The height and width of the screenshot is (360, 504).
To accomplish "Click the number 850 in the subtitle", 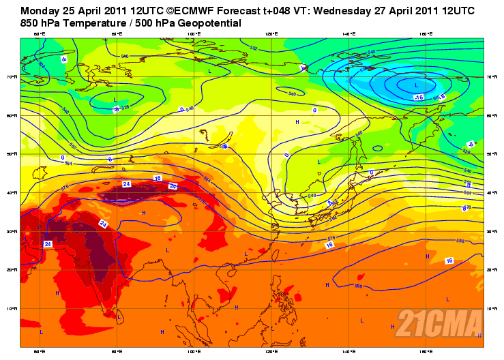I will coord(31,23).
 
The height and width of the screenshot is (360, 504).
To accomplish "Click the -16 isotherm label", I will coord(419,97).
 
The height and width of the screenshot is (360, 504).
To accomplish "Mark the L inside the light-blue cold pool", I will coord(416,86).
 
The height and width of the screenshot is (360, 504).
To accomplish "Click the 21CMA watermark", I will coord(439,322).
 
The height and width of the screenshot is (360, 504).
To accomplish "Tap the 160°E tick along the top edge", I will coord(426,33).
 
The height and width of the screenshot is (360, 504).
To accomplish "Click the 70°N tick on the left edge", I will coord(14,77).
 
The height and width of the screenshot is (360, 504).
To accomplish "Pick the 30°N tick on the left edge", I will coord(14,232).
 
